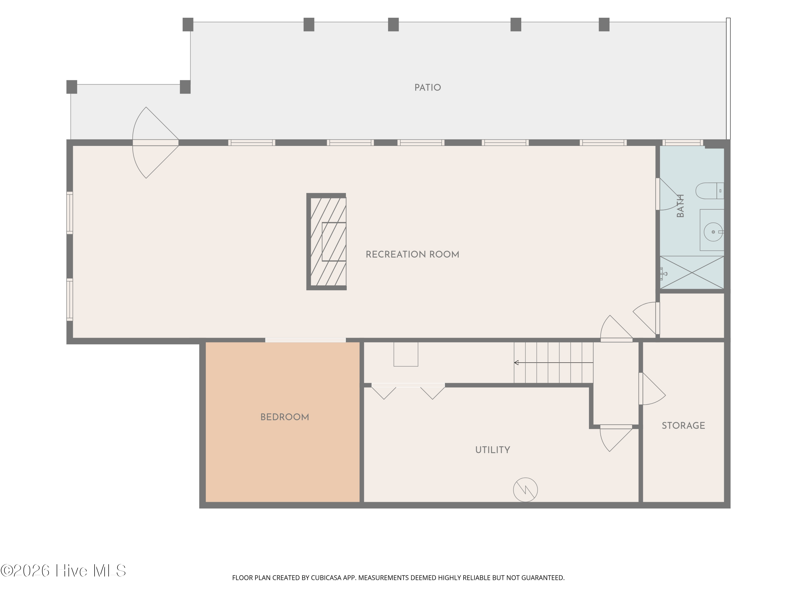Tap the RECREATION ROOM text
coord(413,255)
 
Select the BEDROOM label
coord(285,417)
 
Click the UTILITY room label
coord(493,450)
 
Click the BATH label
coord(680,206)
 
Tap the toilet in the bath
coord(709,191)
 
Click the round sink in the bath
coord(713,232)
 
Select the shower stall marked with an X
coord(692,272)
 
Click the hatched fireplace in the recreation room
coord(327,242)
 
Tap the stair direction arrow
coord(553,362)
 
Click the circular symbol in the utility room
coord(525,490)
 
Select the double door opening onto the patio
coord(156,142)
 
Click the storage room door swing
coord(652,389)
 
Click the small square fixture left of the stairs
coord(406,354)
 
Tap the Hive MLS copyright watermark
coord(63,571)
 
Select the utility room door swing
coord(616,438)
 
